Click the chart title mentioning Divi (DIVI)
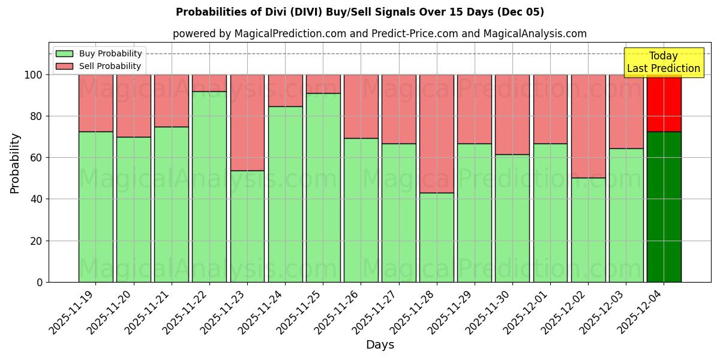(360, 12)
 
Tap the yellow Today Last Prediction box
(664, 62)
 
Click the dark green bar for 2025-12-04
(664, 207)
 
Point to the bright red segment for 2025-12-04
(664, 103)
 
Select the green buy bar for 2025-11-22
(209, 187)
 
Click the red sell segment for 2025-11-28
(437, 133)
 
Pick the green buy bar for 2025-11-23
(247, 226)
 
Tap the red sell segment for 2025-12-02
(588, 126)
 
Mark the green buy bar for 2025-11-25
(323, 187)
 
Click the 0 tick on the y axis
(40, 282)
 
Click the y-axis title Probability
(15, 163)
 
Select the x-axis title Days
(380, 345)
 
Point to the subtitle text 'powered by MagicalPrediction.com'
(259, 34)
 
